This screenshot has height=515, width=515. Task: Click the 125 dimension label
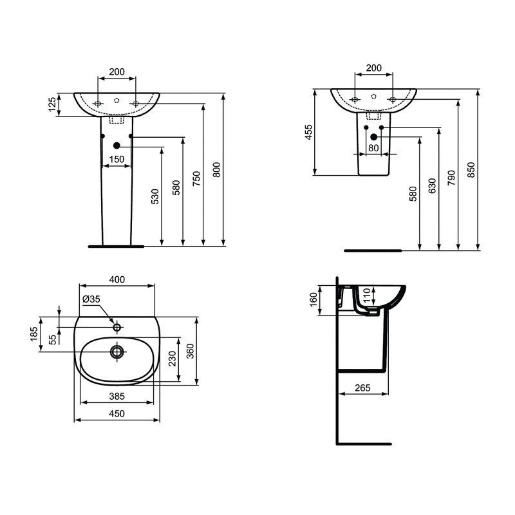[53, 104]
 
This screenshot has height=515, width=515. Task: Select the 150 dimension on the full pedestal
[117, 159]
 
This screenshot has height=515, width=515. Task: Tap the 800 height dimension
[217, 169]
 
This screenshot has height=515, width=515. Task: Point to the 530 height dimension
[155, 196]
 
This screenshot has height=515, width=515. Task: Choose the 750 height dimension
[196, 178]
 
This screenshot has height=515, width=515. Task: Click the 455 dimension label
[309, 132]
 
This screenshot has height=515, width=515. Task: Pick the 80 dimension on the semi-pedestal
[373, 148]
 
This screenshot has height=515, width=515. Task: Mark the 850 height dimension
[471, 170]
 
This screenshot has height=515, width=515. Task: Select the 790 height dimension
[452, 178]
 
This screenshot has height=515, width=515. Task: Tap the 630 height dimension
[432, 185]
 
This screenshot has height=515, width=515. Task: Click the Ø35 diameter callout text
[91, 299]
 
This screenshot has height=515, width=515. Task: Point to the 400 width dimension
[117, 279]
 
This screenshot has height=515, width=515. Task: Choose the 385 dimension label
[117, 397]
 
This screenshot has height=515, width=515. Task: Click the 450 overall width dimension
[117, 413]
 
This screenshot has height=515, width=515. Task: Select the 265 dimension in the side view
[362, 388]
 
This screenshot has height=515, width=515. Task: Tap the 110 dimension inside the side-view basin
[367, 295]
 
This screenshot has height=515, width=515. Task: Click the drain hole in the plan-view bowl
[117, 351]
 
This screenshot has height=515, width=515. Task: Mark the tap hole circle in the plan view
[117, 327]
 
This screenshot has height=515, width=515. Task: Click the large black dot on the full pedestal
[117, 145]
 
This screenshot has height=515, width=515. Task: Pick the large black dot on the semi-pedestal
[374, 137]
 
